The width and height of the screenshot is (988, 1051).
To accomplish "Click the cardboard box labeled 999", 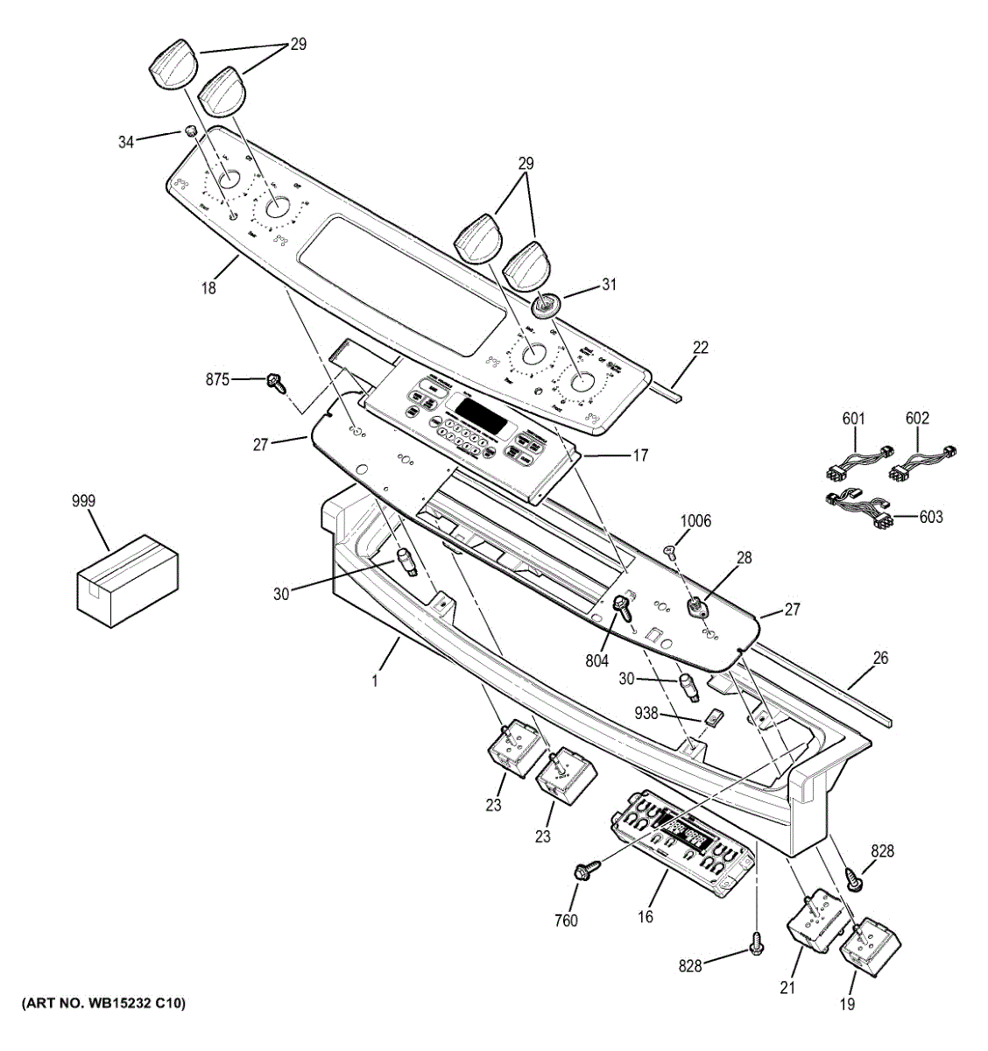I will [x=127, y=581].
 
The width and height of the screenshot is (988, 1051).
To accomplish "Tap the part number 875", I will [x=217, y=379].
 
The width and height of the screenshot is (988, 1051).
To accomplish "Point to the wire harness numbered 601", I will [x=856, y=462].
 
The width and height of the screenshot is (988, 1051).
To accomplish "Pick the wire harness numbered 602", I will [x=921, y=462].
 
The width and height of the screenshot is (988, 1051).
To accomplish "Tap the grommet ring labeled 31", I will [x=547, y=305].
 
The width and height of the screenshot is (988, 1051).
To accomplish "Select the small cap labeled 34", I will [x=188, y=131].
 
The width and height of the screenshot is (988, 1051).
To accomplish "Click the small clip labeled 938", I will [x=714, y=717].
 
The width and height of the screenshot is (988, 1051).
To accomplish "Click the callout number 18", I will [x=208, y=286].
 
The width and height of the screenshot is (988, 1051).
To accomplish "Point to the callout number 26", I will [x=880, y=658].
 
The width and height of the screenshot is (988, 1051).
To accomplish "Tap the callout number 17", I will [x=640, y=455].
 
